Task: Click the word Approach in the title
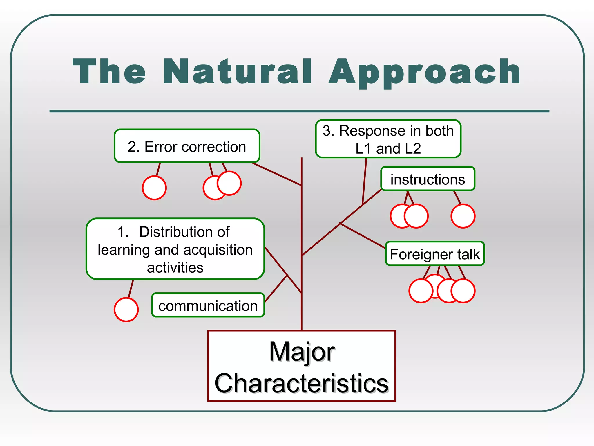tap(425, 72)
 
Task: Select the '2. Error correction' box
tap(187, 146)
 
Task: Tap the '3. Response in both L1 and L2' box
tap(388, 139)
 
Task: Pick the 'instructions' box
tap(428, 179)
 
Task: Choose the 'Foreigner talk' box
tap(435, 254)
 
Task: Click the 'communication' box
tap(208, 305)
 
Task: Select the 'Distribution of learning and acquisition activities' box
tap(175, 249)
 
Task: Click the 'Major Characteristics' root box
tap(302, 366)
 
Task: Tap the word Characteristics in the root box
tap(302, 383)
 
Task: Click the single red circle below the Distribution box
tap(126, 310)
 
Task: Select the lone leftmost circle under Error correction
tap(154, 188)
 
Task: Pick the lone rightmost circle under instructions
tap(463, 216)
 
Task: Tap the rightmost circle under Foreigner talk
tap(463, 291)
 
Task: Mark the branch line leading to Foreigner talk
tap(363, 235)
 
